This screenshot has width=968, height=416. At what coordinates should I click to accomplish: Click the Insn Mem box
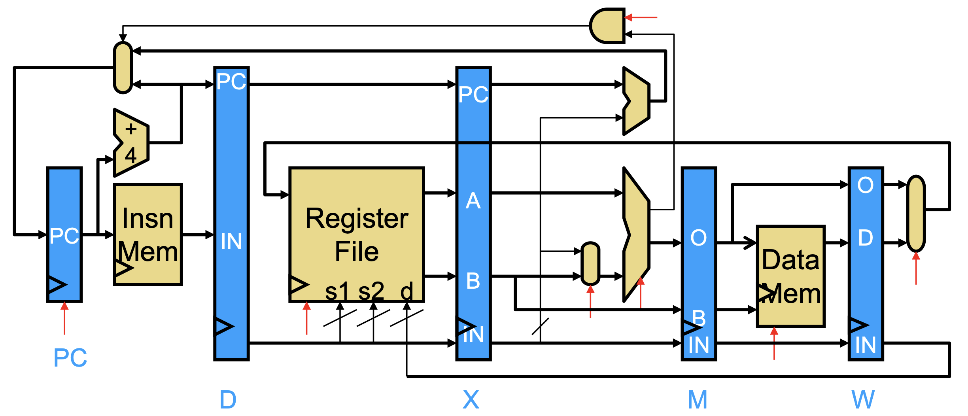pyautogui.click(x=148, y=234)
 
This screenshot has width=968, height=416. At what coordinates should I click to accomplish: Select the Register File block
pyautogui.click(x=357, y=234)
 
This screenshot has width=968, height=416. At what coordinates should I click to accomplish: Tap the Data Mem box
pyautogui.click(x=791, y=276)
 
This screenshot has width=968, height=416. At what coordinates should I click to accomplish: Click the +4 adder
pyautogui.click(x=131, y=142)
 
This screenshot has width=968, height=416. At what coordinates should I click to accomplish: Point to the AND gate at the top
pyautogui.click(x=607, y=26)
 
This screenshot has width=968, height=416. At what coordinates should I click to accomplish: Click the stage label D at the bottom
pyautogui.click(x=228, y=400)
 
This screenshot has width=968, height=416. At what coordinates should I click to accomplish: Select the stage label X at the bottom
pyautogui.click(x=471, y=400)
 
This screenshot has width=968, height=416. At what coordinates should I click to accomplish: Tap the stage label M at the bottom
pyautogui.click(x=698, y=400)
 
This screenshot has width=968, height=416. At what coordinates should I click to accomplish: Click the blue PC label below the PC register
pyautogui.click(x=70, y=358)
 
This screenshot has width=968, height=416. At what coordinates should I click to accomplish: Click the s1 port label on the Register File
pyautogui.click(x=337, y=291)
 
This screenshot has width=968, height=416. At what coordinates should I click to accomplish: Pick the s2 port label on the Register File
pyautogui.click(x=371, y=291)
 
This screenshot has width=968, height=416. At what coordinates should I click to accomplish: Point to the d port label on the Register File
pyautogui.click(x=406, y=291)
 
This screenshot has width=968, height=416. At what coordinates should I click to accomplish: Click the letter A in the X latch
pyautogui.click(x=473, y=201)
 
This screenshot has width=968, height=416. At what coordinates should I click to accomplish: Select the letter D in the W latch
pyautogui.click(x=866, y=238)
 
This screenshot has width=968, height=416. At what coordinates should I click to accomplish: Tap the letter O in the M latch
pyautogui.click(x=699, y=238)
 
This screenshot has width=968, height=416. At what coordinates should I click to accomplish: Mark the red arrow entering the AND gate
pyautogui.click(x=641, y=17)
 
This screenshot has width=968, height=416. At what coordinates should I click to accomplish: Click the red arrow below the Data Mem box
pyautogui.click(x=774, y=343)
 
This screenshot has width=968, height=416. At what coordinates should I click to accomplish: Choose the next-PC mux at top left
pyautogui.click(x=123, y=68)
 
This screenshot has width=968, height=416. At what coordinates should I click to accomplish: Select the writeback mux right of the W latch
pyautogui.click(x=916, y=214)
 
